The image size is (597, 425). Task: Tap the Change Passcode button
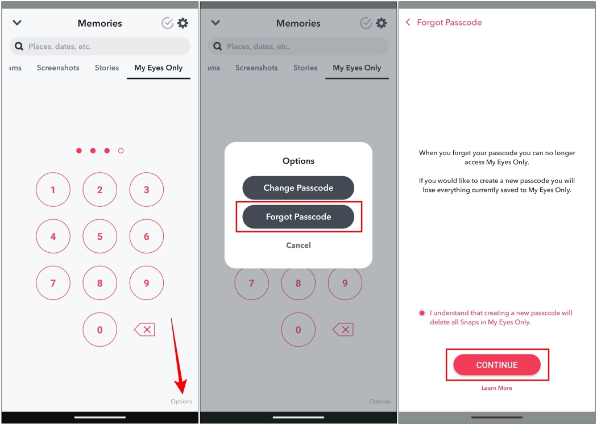[x=298, y=188]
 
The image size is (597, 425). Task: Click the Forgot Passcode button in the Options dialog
[x=298, y=216]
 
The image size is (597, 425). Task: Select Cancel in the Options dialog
[x=298, y=245]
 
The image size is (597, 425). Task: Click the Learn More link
[x=496, y=388]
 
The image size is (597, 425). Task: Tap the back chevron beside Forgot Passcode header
[x=408, y=22]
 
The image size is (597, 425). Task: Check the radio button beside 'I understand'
[x=422, y=313]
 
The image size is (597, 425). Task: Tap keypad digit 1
[x=53, y=189]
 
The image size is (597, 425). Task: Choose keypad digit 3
[x=147, y=189]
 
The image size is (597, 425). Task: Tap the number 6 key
[x=147, y=236]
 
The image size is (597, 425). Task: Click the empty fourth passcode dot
[x=121, y=151]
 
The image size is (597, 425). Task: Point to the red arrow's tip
[x=182, y=394]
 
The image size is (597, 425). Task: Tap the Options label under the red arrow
[x=181, y=401]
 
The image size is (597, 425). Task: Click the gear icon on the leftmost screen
[x=183, y=23]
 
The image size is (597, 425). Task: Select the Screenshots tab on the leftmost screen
[x=58, y=68]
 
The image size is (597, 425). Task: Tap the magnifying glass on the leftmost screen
[x=19, y=47]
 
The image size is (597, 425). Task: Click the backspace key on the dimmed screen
[x=343, y=330]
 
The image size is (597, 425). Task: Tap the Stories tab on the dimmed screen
[x=305, y=68]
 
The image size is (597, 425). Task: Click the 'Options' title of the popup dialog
[x=298, y=161]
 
